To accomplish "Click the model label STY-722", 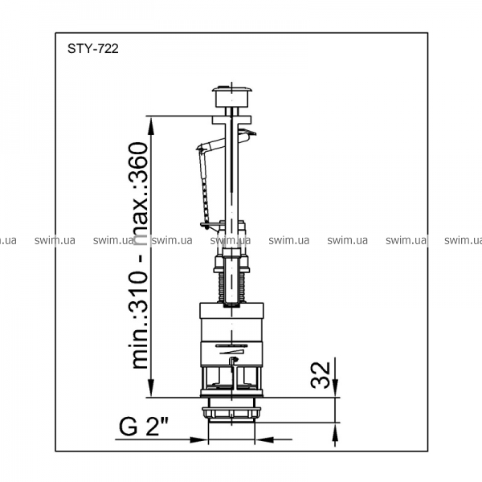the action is (x=93, y=49).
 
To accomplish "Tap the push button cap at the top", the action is (x=232, y=96).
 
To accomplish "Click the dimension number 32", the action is (x=321, y=374).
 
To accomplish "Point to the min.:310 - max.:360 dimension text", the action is (x=140, y=255).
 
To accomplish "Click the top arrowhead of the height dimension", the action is (x=151, y=126).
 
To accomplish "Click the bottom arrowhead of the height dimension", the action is (x=151, y=388).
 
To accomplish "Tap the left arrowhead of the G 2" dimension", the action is (x=198, y=439).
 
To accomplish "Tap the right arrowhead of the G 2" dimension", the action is (x=264, y=439).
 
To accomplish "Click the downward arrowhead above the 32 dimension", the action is (x=335, y=388).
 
